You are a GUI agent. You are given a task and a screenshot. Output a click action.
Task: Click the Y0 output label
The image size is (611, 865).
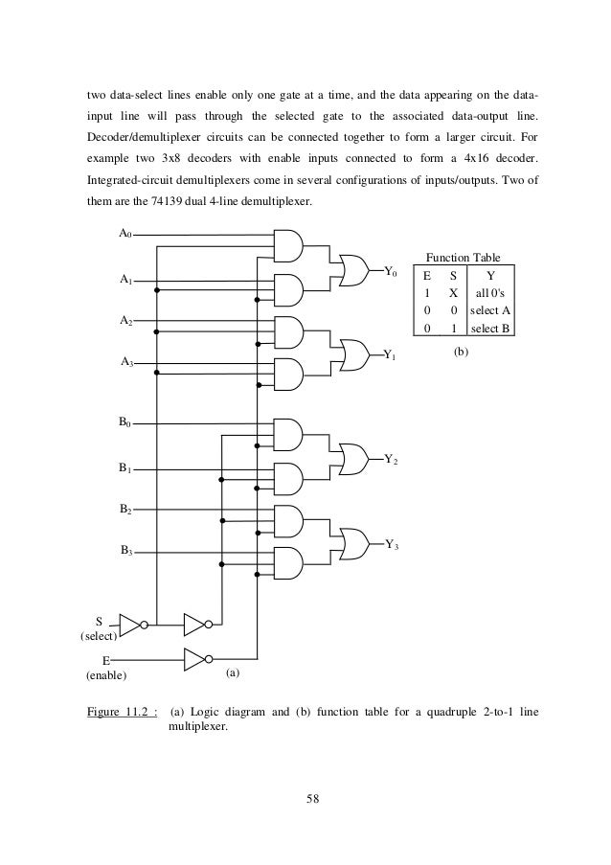coord(391,272)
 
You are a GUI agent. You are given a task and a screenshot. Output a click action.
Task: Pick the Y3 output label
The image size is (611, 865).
coord(392,545)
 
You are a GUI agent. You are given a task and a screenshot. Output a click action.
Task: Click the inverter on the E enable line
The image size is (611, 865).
coord(196,659)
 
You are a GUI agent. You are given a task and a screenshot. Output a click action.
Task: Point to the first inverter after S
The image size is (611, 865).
coord(132,624)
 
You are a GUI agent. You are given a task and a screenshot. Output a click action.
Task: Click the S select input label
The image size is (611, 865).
coord(99,621)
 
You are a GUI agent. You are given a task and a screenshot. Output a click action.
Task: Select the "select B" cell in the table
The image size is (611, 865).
coord(489,329)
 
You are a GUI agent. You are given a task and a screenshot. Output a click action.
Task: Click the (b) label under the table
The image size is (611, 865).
coord(462,353)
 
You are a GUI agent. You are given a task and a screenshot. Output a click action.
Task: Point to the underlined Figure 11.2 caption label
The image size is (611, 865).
coord(120,712)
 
